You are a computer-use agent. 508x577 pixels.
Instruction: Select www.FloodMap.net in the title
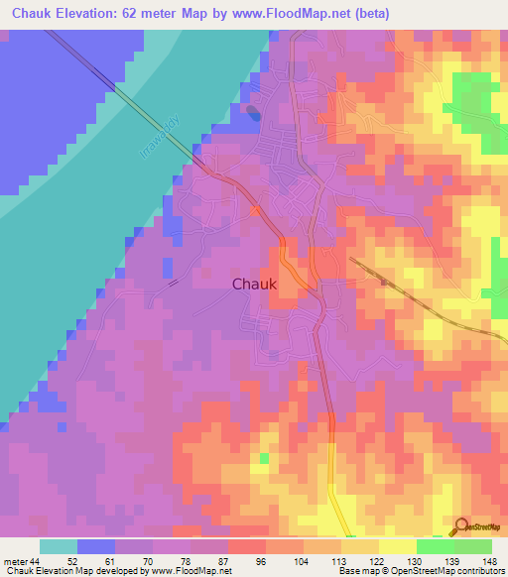[x=298, y=14]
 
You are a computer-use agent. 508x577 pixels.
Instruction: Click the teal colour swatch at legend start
[x=58, y=546]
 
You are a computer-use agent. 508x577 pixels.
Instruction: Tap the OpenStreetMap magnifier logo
[x=460, y=526]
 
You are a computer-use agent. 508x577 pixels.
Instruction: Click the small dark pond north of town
[x=254, y=112]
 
